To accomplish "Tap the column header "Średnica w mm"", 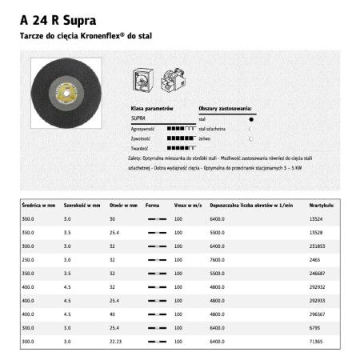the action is (x=38, y=206).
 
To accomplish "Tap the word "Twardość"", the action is (x=141, y=147).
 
